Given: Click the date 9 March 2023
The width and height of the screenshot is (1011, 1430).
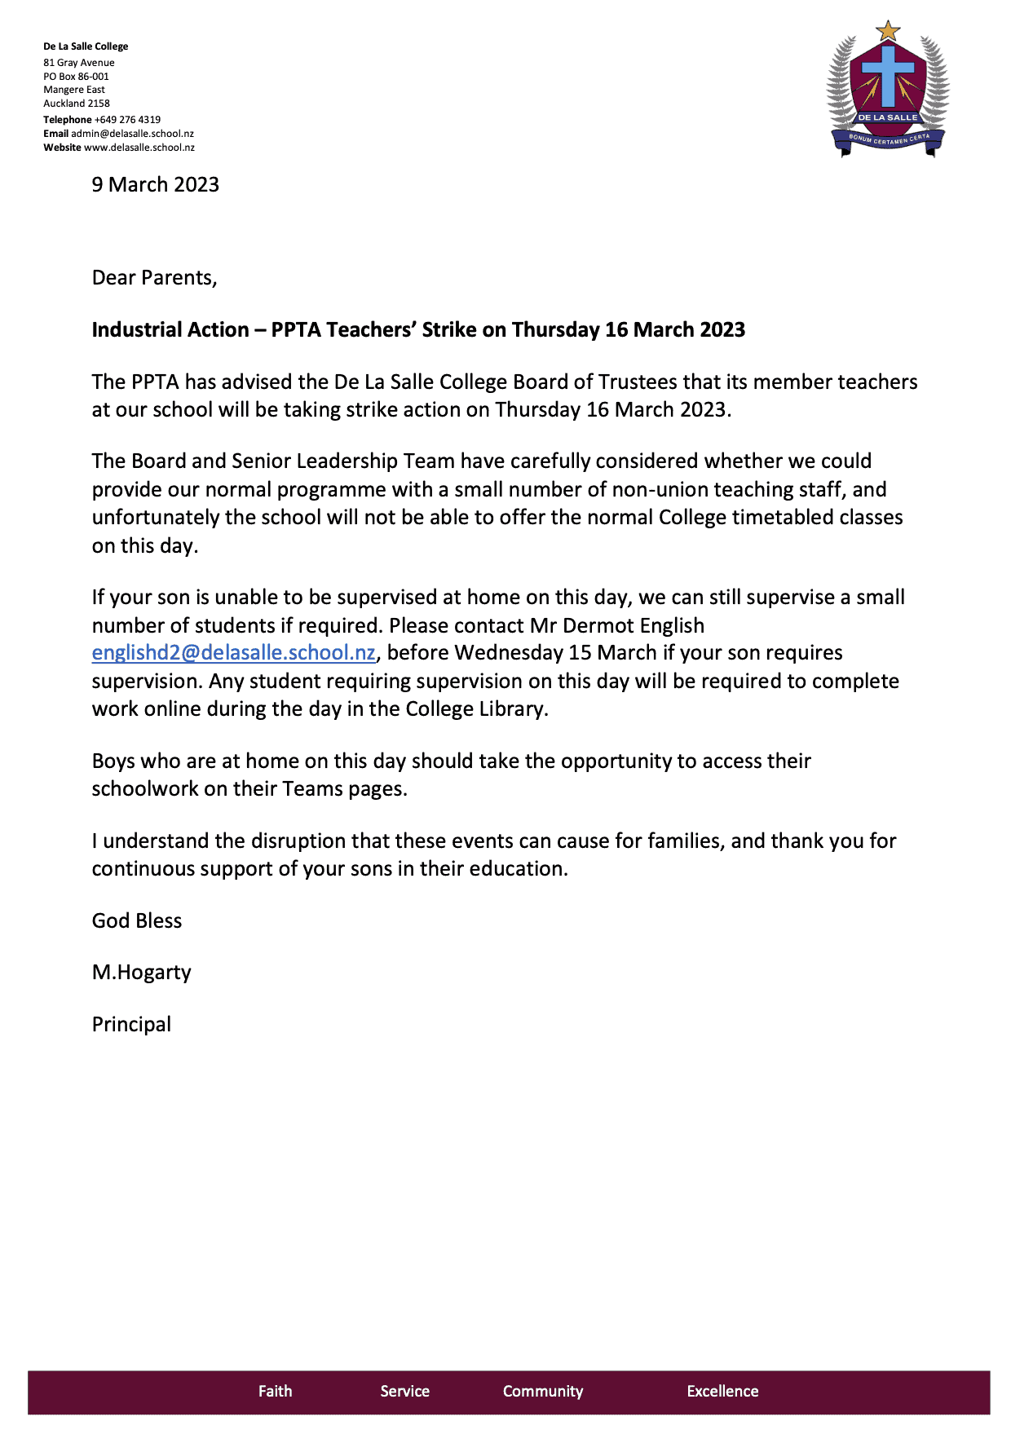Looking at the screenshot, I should tap(155, 185).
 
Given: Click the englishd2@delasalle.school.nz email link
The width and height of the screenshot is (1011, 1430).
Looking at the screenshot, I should tap(233, 653).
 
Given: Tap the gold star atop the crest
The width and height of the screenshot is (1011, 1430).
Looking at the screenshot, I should tap(887, 32).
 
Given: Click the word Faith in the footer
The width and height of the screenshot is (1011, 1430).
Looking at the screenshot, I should tap(275, 1392).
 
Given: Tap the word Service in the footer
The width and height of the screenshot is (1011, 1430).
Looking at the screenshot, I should tap(404, 1392).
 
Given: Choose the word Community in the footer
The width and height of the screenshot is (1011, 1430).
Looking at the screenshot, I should tap(542, 1392).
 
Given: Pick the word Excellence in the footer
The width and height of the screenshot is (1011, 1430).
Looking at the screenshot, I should tap(722, 1392).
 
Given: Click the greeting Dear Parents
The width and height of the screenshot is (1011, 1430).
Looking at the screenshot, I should tap(154, 278).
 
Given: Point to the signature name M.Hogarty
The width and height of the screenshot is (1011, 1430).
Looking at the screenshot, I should tap(141, 973).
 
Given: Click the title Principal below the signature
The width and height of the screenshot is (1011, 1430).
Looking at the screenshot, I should tap(131, 1025).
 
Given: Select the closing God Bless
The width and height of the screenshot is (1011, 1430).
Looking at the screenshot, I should tap(136, 921).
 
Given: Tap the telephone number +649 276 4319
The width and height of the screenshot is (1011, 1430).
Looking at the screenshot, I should tap(127, 120).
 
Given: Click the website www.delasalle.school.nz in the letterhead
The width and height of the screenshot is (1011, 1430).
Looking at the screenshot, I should tap(139, 148).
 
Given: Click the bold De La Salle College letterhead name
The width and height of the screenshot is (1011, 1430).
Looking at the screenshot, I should tap(86, 46).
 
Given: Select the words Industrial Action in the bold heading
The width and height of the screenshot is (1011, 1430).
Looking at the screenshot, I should tap(170, 330).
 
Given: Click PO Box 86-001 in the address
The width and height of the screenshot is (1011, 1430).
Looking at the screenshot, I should tap(76, 77).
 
